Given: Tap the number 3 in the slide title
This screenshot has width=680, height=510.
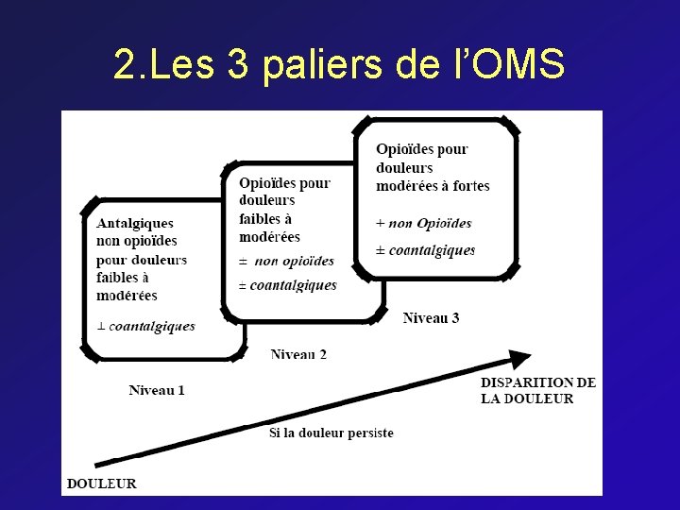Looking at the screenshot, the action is coord(241,65).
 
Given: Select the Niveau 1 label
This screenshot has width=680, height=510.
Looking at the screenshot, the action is coord(157,390).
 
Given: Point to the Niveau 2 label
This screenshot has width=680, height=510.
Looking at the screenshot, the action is coord(298,354).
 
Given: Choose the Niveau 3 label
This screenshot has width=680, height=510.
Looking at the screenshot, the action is coord(431,318).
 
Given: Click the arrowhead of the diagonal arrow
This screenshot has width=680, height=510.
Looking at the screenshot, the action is coord(518,359).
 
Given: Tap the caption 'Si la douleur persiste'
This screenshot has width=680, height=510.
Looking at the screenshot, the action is coord(331,433).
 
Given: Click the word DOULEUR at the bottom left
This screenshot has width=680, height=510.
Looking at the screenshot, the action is coord(101,484).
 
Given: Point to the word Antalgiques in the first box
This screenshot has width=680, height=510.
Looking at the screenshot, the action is coord(135,224).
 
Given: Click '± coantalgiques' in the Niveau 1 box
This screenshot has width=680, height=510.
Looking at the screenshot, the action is coord(145,326).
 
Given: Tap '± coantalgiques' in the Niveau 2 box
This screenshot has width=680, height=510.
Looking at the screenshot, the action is coord(287,285).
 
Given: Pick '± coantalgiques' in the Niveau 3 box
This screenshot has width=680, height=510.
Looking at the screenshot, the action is coord(425,250).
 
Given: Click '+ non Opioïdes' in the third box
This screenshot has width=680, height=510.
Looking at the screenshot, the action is coord(423,223).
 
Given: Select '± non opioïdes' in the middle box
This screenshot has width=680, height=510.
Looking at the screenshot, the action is coord(286,261).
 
